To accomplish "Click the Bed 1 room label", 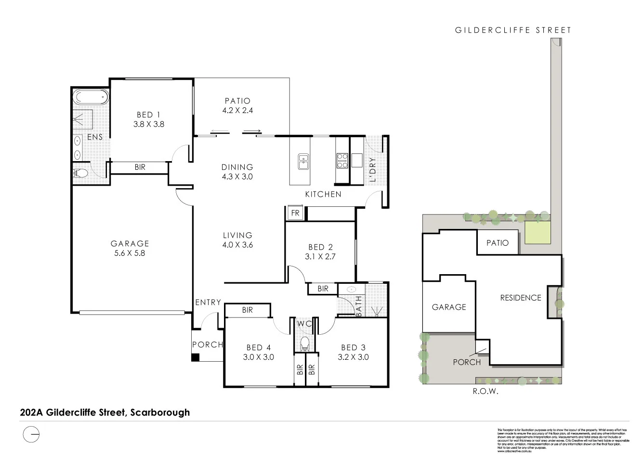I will tap(148, 114).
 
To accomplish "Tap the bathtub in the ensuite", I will tap(91, 98).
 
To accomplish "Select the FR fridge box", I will tap(295, 213).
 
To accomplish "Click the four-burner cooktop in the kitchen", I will tap(342, 160).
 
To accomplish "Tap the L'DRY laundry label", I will tap(371, 169).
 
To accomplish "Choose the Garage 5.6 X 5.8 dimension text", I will tap(130, 253).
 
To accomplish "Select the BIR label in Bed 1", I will tap(140, 167).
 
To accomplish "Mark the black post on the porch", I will tap(195, 357).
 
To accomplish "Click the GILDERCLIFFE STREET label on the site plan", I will tap(513, 30).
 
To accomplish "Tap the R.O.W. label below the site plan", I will tap(485, 391).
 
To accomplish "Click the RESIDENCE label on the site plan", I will tap(521, 298).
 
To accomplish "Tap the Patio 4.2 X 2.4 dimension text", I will tap(237, 110).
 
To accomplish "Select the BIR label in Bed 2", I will tap(323, 289).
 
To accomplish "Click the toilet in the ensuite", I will tap(81, 173).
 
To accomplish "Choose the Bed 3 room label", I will tap(353, 347).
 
